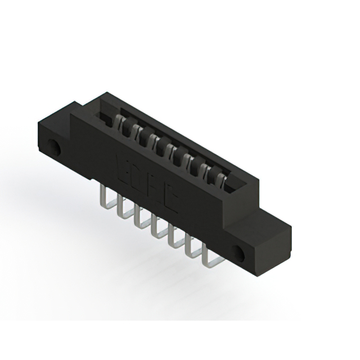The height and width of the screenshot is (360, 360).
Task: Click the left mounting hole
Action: click(x=56, y=148)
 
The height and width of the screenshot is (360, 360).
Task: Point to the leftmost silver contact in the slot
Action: click(x=120, y=120)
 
